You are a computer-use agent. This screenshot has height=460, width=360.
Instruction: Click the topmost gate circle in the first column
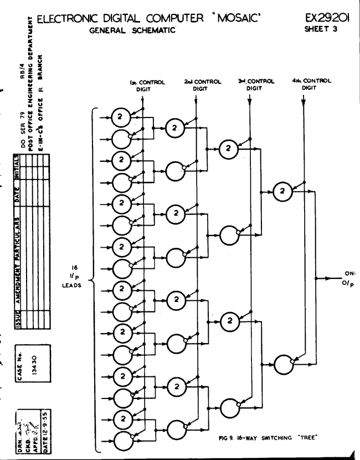click(120, 116)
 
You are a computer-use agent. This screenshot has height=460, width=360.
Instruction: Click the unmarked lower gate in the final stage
click(283, 362)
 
